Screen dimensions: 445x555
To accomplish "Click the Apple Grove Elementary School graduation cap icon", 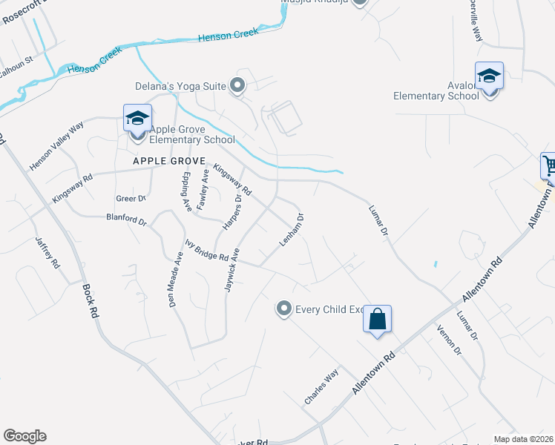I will (x=137, y=119).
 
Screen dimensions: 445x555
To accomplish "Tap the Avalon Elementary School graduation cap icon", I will (x=490, y=76).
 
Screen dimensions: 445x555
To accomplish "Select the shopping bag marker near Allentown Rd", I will (x=377, y=320).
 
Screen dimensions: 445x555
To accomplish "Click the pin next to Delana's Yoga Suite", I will (x=238, y=87).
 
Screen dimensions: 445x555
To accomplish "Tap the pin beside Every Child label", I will (x=283, y=309).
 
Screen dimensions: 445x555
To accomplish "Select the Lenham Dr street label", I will (x=292, y=231).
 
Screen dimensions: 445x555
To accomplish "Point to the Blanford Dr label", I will (x=127, y=220).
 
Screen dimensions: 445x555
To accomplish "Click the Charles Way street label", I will (x=321, y=386).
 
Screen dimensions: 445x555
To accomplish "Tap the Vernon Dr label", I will (x=450, y=340).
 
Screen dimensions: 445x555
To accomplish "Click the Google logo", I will (x=24, y=436).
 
